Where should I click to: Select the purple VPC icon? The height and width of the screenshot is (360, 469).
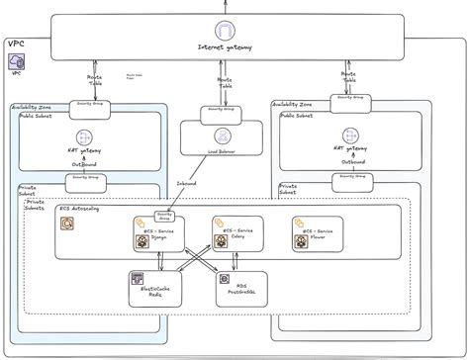(17, 61)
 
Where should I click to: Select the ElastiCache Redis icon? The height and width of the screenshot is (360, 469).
(137, 279)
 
